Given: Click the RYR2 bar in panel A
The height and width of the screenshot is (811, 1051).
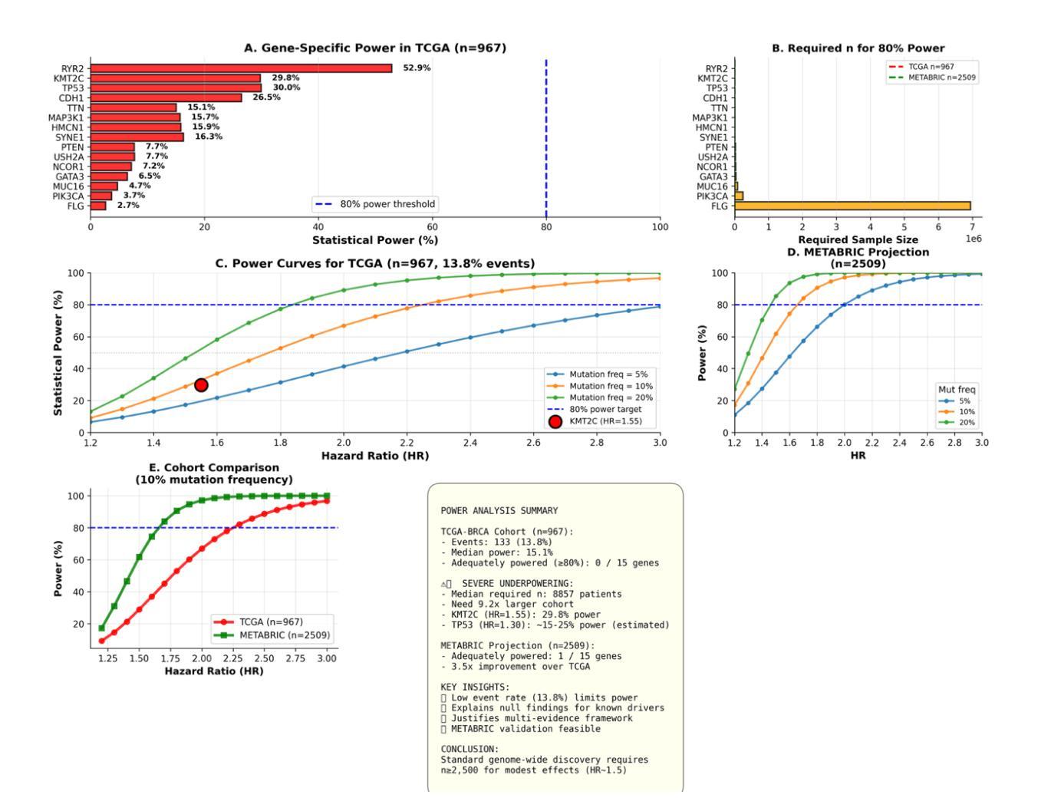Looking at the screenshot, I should (x=241, y=68).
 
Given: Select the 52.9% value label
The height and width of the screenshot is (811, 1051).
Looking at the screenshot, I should (x=417, y=68).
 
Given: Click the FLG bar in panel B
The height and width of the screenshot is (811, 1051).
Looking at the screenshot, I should (x=852, y=206).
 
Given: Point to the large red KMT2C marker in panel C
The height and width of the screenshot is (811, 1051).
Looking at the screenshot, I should (x=201, y=385).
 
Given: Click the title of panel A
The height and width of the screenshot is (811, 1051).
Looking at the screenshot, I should (x=375, y=48).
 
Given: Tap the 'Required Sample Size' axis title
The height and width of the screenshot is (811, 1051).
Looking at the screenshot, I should (x=858, y=239).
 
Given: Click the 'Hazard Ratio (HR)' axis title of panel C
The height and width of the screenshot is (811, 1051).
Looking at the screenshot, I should (x=375, y=455).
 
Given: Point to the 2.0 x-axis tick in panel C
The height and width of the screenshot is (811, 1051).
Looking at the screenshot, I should (x=344, y=443).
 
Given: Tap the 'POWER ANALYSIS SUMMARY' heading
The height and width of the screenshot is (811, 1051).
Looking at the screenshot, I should (x=499, y=511).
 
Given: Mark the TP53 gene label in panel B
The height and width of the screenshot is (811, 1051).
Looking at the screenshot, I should (x=717, y=88).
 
